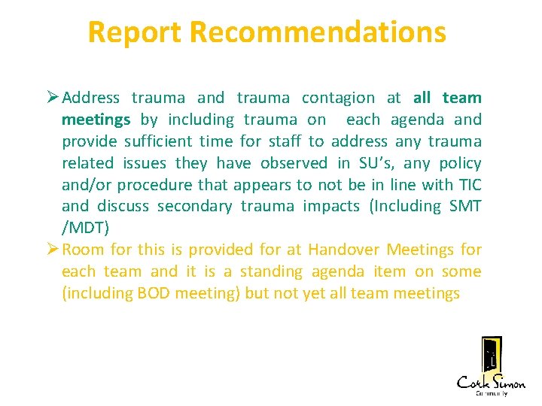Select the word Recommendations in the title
318,32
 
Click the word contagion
338,98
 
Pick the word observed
294,163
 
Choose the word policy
458,163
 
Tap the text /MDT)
82,228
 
